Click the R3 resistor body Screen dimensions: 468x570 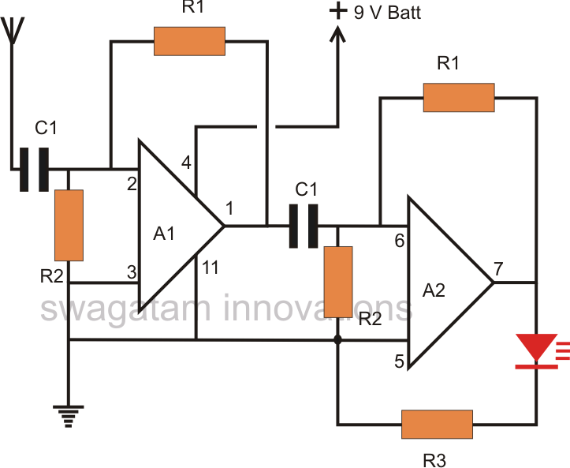pyautogui.click(x=437, y=425)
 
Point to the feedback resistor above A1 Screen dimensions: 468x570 pyautogui.click(x=189, y=41)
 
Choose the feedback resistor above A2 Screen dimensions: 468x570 pyautogui.click(x=458, y=98)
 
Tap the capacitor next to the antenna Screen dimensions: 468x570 pyautogui.click(x=34, y=169)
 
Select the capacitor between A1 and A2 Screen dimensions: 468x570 pyautogui.click(x=304, y=225)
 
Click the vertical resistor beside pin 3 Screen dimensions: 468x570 pyautogui.click(x=69, y=225)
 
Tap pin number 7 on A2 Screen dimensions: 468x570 pyautogui.click(x=498, y=268)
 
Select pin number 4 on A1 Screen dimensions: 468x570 pyautogui.click(x=185, y=163)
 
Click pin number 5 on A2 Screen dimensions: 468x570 pyautogui.click(x=399, y=362)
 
